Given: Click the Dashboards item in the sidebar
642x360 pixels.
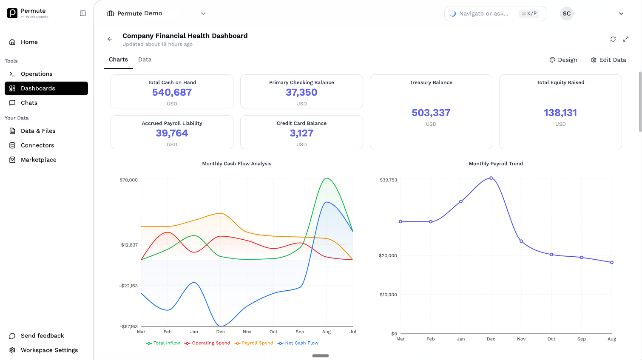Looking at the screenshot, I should click(46, 88).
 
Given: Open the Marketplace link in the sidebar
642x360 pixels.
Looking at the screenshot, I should click(38, 160).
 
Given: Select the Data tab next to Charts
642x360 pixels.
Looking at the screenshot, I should click(145, 60).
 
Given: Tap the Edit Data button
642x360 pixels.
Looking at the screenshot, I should click(608, 60).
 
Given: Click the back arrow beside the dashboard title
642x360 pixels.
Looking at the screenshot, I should click(110, 39).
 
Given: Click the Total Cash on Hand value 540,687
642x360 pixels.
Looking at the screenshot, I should click(172, 92).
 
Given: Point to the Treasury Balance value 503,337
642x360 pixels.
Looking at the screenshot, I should click(431, 113).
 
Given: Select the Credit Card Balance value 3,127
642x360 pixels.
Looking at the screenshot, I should click(301, 133).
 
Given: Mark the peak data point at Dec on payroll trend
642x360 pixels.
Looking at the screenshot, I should click(491, 178).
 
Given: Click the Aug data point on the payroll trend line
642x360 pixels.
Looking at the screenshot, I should click(612, 262).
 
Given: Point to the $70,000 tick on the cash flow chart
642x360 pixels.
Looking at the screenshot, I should click(128, 180).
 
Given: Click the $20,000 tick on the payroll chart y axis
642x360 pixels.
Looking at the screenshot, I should click(388, 255).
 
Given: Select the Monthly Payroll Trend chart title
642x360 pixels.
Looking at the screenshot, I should click(496, 164).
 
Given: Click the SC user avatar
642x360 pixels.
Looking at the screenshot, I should click(566, 14).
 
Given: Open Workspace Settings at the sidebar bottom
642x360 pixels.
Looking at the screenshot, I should click(49, 350).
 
